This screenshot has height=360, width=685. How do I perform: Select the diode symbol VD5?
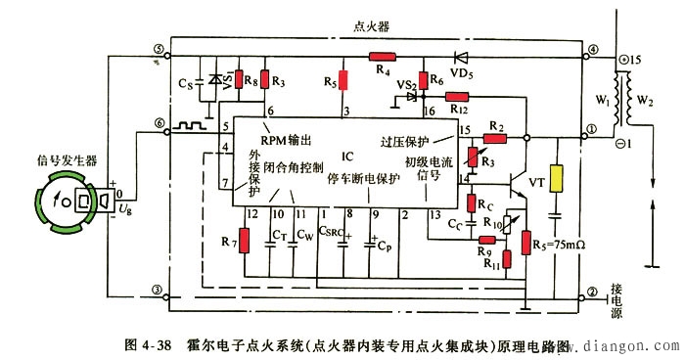coord(457,56)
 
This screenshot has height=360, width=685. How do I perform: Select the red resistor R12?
coord(457,97)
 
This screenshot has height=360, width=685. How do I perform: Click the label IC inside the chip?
coord(347,156)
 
